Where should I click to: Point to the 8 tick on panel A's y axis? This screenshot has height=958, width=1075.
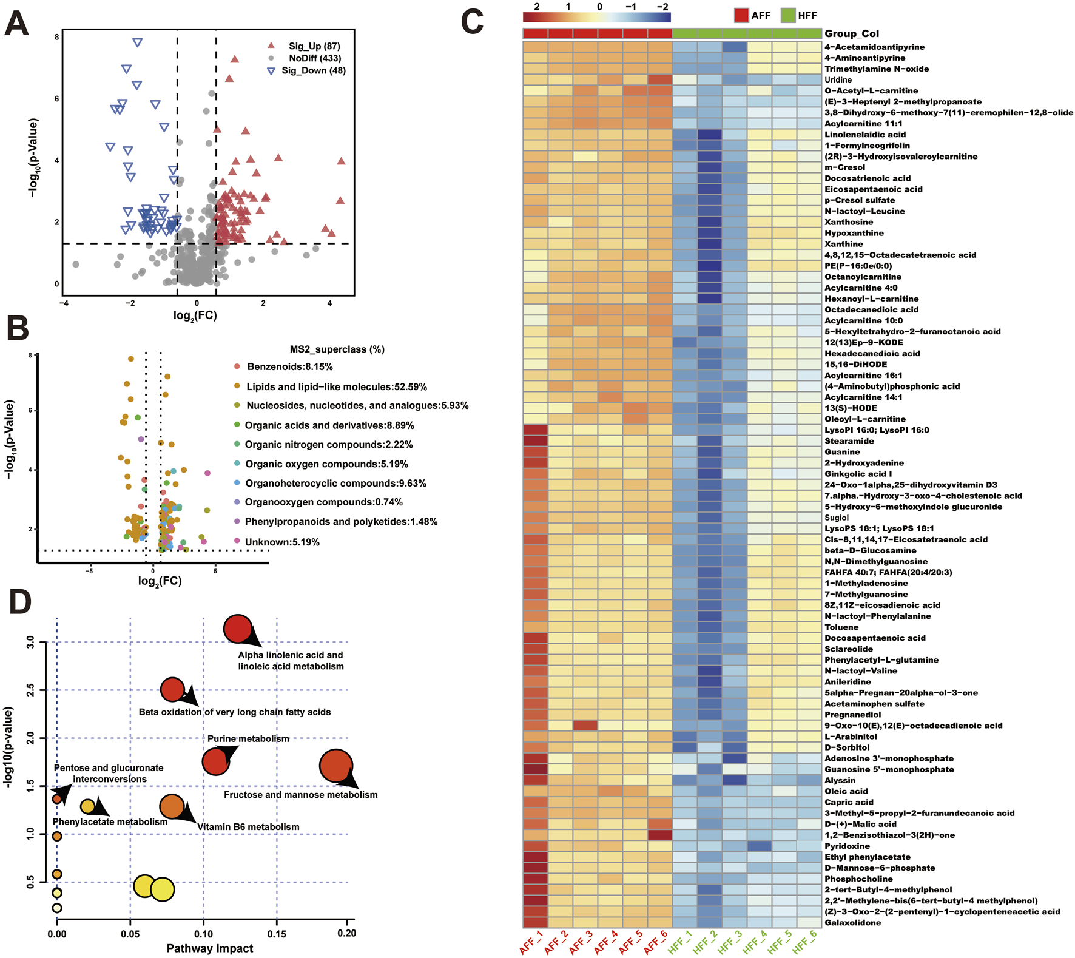click(57, 37)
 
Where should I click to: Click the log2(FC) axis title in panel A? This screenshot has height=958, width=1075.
click(195, 315)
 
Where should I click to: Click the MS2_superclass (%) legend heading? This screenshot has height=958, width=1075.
click(337, 349)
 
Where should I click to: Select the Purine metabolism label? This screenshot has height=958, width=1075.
click(248, 738)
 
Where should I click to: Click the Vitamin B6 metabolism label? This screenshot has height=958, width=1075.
click(248, 826)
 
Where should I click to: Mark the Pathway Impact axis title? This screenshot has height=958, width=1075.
click(210, 948)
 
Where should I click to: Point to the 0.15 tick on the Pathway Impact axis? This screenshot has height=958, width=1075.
click(277, 933)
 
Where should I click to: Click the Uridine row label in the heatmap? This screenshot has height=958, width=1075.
click(838, 79)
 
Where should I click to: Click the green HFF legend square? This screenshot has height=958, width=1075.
click(787, 15)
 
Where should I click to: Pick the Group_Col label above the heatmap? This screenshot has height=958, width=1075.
click(851, 33)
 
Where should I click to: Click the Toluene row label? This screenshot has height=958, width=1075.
click(841, 627)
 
